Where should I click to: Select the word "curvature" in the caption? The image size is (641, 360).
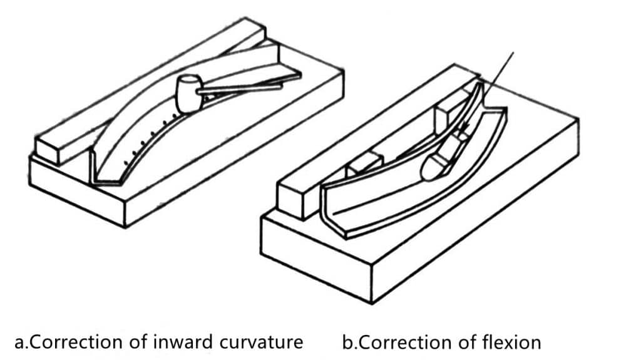264,342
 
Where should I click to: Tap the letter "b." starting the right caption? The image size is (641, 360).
349,342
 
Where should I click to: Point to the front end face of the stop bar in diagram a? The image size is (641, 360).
47,150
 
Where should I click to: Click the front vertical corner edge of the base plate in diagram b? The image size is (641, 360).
372,284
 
